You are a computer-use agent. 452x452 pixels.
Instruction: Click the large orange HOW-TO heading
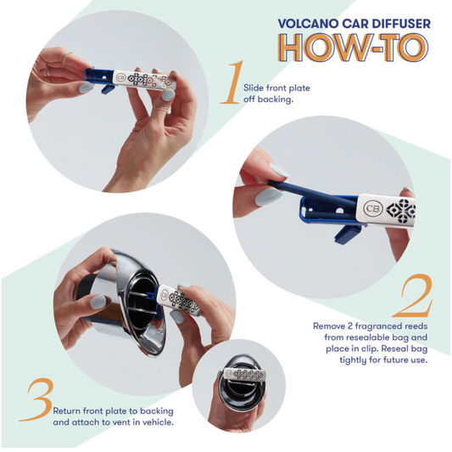(x=354, y=48)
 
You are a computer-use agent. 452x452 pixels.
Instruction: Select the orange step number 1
(x=232, y=82)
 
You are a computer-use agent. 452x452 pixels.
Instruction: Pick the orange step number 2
(x=414, y=296)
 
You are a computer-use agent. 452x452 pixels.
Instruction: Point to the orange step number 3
(x=37, y=399)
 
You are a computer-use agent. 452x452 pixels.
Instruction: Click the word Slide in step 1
(x=254, y=88)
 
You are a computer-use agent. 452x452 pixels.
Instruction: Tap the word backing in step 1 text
(x=274, y=99)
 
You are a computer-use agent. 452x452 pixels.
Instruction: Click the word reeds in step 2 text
(x=416, y=326)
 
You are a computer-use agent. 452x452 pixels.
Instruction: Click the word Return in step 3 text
(x=67, y=410)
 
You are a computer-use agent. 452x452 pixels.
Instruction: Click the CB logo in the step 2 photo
(x=373, y=208)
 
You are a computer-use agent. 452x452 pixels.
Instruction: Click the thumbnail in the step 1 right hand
(x=167, y=94)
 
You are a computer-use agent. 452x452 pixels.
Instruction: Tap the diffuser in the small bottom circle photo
(x=245, y=375)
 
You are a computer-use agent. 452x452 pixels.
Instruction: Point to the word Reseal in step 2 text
(x=393, y=348)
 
